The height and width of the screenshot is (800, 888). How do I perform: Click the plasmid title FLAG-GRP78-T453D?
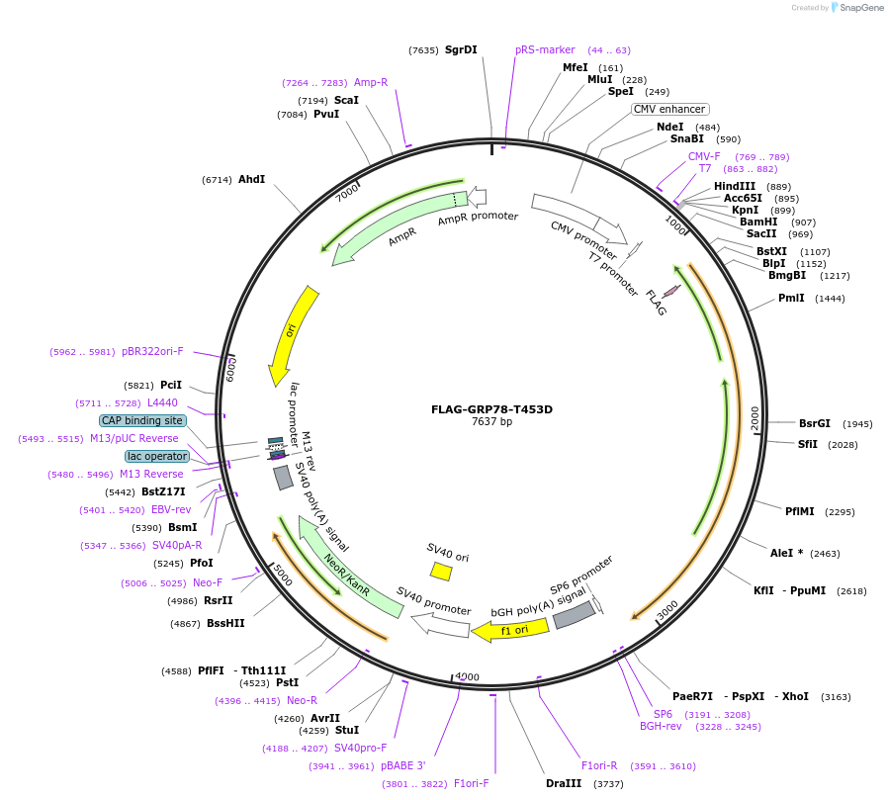click(491, 409)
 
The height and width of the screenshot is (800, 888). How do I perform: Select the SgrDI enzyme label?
click(461, 49)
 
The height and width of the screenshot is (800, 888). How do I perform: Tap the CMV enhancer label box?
click(670, 109)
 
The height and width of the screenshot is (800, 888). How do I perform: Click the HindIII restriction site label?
click(735, 186)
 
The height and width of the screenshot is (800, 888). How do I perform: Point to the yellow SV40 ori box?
click(441, 571)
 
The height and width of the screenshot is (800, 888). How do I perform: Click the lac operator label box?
click(156, 456)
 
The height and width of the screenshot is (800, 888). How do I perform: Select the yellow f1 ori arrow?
click(508, 630)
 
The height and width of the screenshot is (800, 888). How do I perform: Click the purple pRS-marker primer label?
click(545, 49)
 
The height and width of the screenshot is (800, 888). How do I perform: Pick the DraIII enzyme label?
click(565, 784)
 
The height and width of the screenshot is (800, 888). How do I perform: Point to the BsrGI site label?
click(816, 423)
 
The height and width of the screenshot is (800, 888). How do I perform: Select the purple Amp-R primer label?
click(371, 83)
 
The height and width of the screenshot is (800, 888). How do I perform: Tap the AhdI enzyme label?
click(252, 180)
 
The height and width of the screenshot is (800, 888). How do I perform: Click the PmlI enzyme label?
click(791, 298)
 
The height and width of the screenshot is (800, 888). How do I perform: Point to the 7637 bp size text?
click(491, 422)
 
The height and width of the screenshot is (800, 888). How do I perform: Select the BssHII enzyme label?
click(225, 623)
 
